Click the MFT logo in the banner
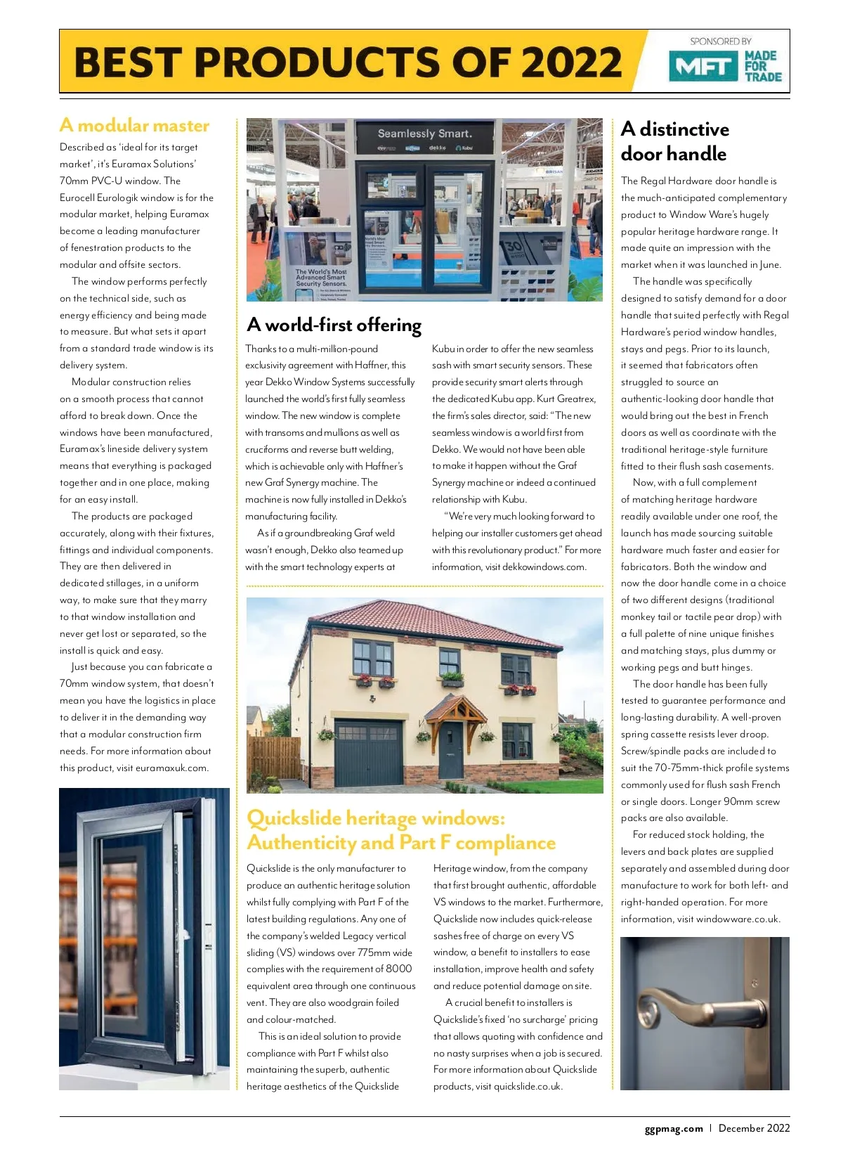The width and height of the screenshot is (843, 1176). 703,67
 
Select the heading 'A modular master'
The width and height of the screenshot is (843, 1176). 135,126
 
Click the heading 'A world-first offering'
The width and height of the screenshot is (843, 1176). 334,325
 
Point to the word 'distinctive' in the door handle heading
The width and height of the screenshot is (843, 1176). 684,129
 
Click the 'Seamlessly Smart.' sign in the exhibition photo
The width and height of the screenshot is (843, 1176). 424,134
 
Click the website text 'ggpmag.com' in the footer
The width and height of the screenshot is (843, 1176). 674,1129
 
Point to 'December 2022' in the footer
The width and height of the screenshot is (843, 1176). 754,1128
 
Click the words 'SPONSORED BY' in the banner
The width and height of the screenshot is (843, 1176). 721,41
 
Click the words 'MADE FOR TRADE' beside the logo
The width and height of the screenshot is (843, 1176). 763,66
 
